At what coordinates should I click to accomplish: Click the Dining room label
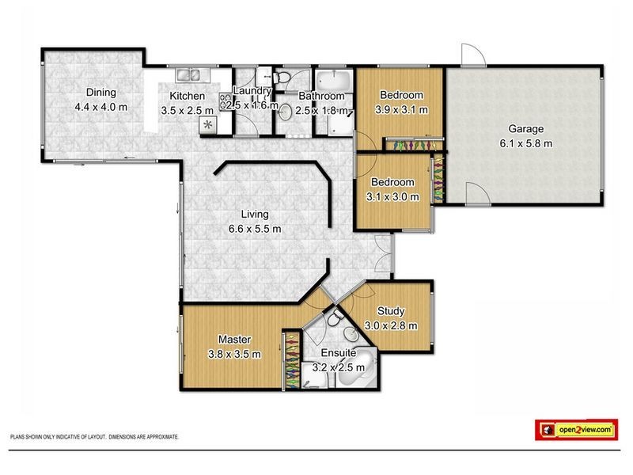[89, 91]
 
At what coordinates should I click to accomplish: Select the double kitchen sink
[190, 76]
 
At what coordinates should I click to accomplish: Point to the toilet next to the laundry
[283, 78]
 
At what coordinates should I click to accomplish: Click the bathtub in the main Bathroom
[334, 82]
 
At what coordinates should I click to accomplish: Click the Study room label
[391, 311]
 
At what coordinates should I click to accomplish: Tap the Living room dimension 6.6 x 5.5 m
[255, 228]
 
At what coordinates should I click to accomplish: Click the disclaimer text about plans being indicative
[94, 436]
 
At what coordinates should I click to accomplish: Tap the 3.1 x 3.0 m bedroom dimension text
[392, 196]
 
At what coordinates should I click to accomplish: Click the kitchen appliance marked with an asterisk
[209, 125]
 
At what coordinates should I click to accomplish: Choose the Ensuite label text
[338, 352]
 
